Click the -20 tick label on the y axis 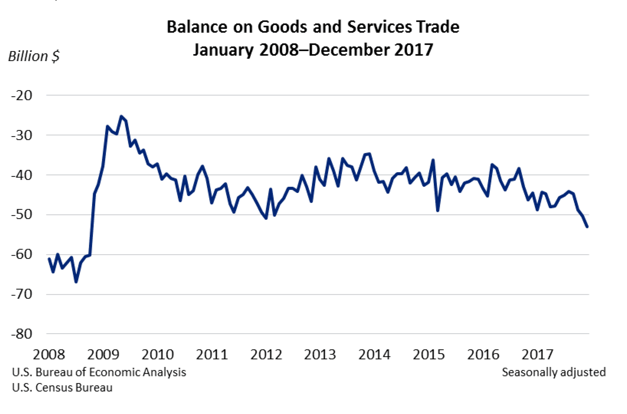click(22, 95)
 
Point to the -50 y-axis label click(22, 214)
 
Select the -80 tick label click(22, 334)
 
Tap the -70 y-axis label click(22, 294)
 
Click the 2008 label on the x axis click(49, 355)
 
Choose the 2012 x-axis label click(266, 355)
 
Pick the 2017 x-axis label click(537, 355)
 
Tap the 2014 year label click(374, 355)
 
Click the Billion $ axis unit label click(34, 56)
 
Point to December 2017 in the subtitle click(370, 50)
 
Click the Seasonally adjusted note click(554, 372)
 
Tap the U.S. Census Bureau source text click(62, 388)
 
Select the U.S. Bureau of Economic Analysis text click(99, 372)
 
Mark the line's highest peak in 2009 click(121, 116)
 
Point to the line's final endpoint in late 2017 click(587, 227)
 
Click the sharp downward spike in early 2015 click(437, 210)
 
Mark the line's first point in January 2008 click(49, 258)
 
